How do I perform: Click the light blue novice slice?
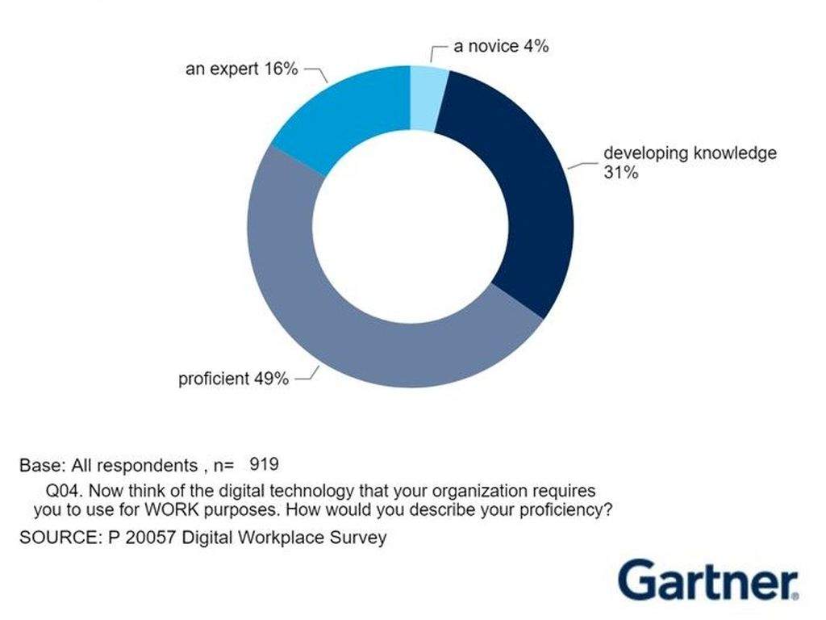click(428, 98)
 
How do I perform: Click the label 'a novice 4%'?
click(501, 46)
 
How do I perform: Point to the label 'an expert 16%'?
click(242, 69)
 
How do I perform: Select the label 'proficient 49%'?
click(233, 379)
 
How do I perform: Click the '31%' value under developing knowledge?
click(621, 173)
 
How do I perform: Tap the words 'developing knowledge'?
click(690, 153)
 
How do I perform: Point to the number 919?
click(264, 464)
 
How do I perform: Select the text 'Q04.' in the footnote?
click(65, 491)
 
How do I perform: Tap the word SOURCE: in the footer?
click(60, 537)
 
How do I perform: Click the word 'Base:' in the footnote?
click(43, 465)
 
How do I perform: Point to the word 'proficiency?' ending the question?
click(566, 511)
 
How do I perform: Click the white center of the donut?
click(411, 227)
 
